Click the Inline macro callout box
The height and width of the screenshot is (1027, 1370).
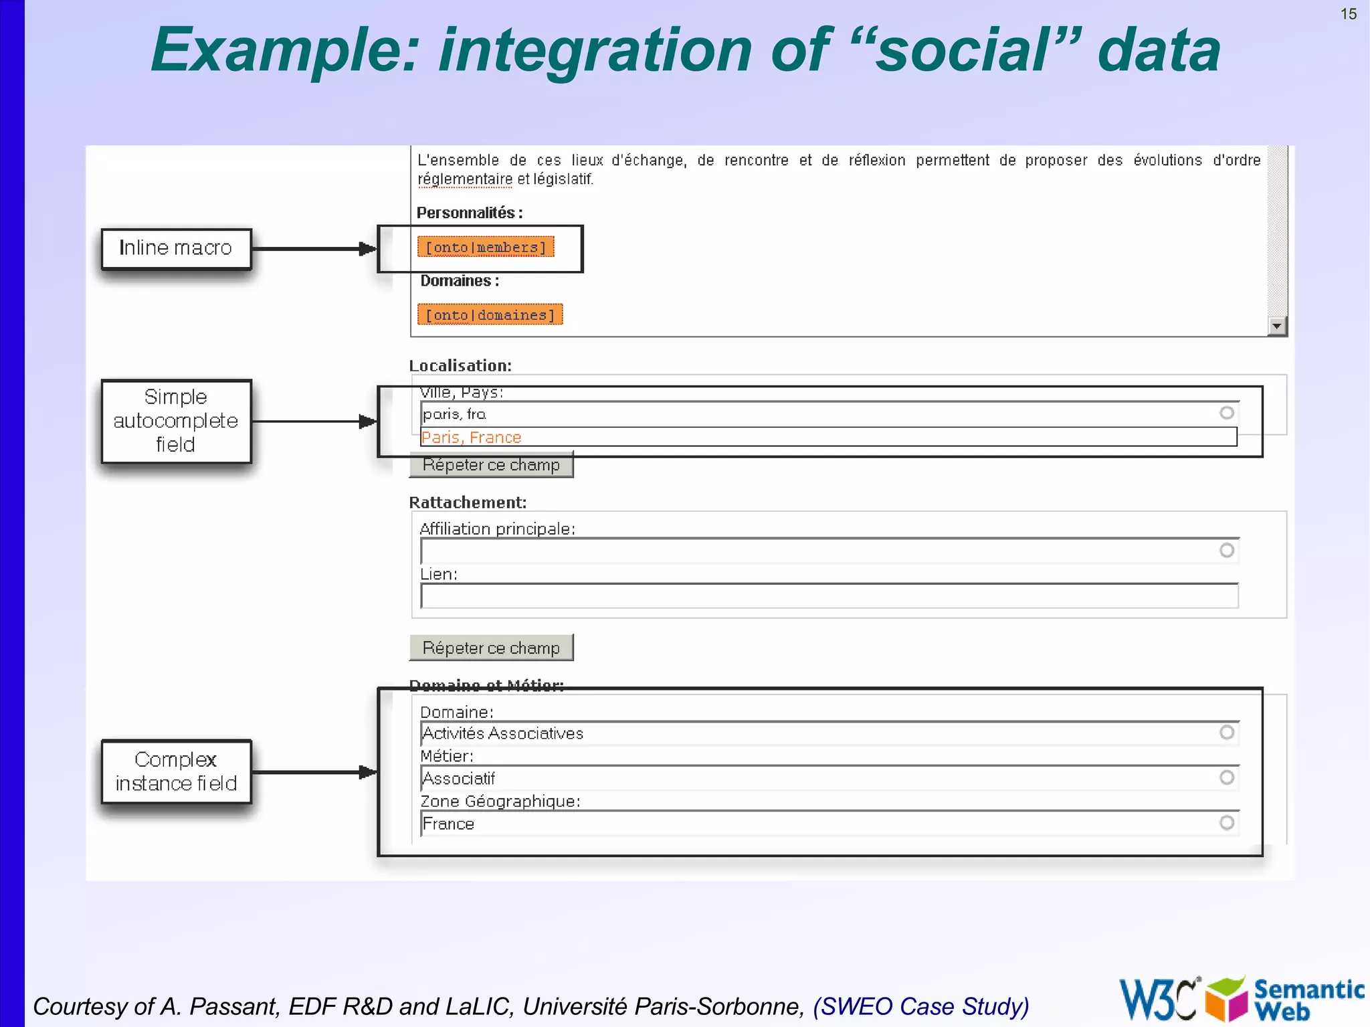(176, 248)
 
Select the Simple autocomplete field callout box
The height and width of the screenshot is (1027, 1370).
(176, 421)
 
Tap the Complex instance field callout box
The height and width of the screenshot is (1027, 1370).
(176, 771)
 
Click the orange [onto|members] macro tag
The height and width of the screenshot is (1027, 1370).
(486, 247)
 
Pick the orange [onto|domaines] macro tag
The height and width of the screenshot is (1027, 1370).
(490, 314)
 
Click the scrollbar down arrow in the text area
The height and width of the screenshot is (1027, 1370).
(1277, 326)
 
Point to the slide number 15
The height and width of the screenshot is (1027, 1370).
(1348, 14)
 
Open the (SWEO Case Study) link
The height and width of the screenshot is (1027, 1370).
(920, 1006)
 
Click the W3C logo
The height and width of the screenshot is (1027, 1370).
(1159, 999)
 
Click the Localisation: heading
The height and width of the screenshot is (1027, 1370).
(460, 365)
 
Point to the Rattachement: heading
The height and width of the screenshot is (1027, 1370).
(468, 502)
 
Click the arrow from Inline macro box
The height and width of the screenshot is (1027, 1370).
(314, 249)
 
